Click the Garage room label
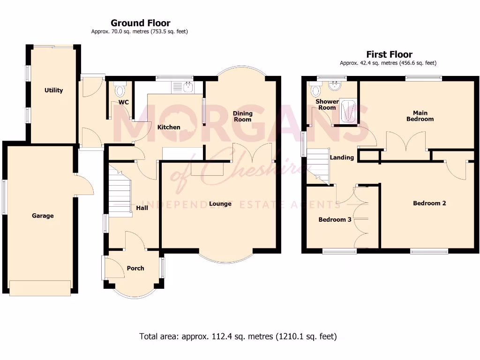[43, 216]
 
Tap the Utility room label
[53, 90]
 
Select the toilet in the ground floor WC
[120, 89]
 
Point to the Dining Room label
[243, 116]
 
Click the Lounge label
[220, 203]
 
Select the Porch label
[135, 268]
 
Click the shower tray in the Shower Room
[347, 112]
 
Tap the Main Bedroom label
[420, 116]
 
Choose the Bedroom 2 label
[429, 203]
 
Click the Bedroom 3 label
[335, 219]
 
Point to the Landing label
[342, 157]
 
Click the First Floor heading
[389, 54]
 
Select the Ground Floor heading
[140, 23]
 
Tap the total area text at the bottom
[238, 336]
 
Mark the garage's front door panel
[40, 288]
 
